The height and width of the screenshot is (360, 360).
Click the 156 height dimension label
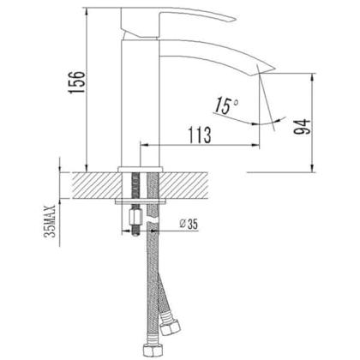(x=76, y=81)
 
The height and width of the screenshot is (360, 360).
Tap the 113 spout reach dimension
(x=200, y=135)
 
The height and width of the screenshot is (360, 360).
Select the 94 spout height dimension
(x=302, y=127)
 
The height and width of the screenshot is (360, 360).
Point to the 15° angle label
(x=226, y=105)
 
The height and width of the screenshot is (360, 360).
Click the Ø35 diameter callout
(x=189, y=224)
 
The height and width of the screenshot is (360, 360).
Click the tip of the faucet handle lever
(x=235, y=20)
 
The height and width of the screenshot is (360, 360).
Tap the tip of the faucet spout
(x=274, y=69)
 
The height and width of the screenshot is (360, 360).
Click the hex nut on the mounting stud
(x=135, y=218)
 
